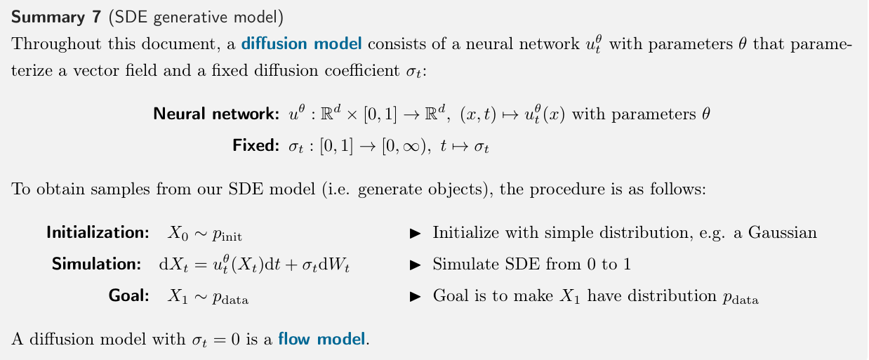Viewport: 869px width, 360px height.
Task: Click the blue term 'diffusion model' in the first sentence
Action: [x=301, y=44]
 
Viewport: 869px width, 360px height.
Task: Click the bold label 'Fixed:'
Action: [x=256, y=146]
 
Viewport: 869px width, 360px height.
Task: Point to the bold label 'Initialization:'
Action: [x=98, y=232]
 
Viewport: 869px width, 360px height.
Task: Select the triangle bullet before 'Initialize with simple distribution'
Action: [x=415, y=233]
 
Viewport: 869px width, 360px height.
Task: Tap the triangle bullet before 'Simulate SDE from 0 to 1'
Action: [x=415, y=265]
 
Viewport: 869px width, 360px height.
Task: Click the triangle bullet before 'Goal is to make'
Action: [x=415, y=297]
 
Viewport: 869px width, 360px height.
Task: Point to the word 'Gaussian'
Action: [x=788, y=233]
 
